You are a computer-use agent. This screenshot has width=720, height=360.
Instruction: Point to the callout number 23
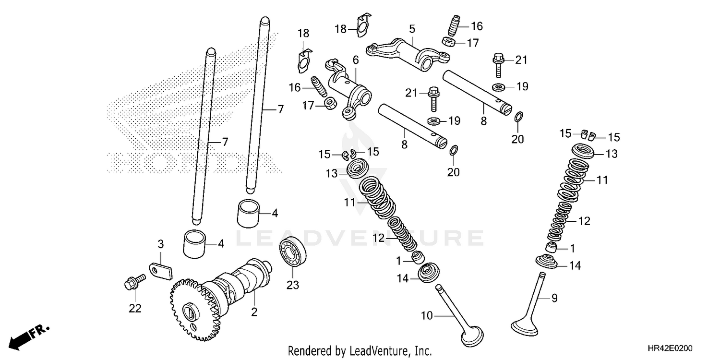click(x=293, y=285)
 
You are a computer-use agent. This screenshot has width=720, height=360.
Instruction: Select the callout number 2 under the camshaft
click(x=254, y=312)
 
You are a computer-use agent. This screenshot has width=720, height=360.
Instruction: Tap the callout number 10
click(x=427, y=315)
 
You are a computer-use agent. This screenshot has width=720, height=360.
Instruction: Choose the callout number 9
click(x=554, y=298)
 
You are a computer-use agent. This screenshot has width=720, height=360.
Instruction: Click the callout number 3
click(x=161, y=244)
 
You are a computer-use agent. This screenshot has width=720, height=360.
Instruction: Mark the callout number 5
click(x=411, y=28)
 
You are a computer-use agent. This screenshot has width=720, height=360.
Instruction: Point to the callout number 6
click(x=356, y=60)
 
